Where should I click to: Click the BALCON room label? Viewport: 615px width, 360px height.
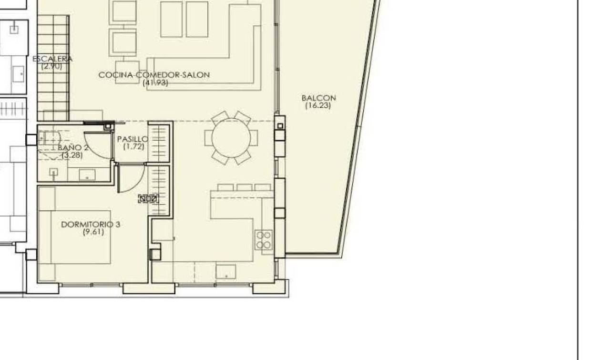click(x=318, y=98)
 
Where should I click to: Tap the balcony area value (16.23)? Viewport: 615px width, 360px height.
click(x=318, y=105)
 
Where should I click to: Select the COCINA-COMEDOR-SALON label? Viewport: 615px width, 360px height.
click(x=154, y=75)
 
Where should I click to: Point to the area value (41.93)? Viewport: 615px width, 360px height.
click(x=155, y=82)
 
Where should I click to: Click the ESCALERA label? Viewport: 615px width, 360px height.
click(x=52, y=59)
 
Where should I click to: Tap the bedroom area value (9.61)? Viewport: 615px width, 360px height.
click(x=93, y=232)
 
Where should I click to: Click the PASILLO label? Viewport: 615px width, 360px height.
click(x=133, y=139)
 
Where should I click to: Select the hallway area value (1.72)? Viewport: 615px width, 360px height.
click(x=133, y=147)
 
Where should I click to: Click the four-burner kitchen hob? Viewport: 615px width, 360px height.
click(x=264, y=240)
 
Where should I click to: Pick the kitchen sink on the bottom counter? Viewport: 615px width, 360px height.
click(x=225, y=271)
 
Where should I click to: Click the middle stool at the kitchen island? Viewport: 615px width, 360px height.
click(x=245, y=187)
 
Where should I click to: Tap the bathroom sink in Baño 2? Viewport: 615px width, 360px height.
click(x=87, y=175)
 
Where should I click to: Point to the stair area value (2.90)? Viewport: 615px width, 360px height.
click(x=52, y=66)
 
